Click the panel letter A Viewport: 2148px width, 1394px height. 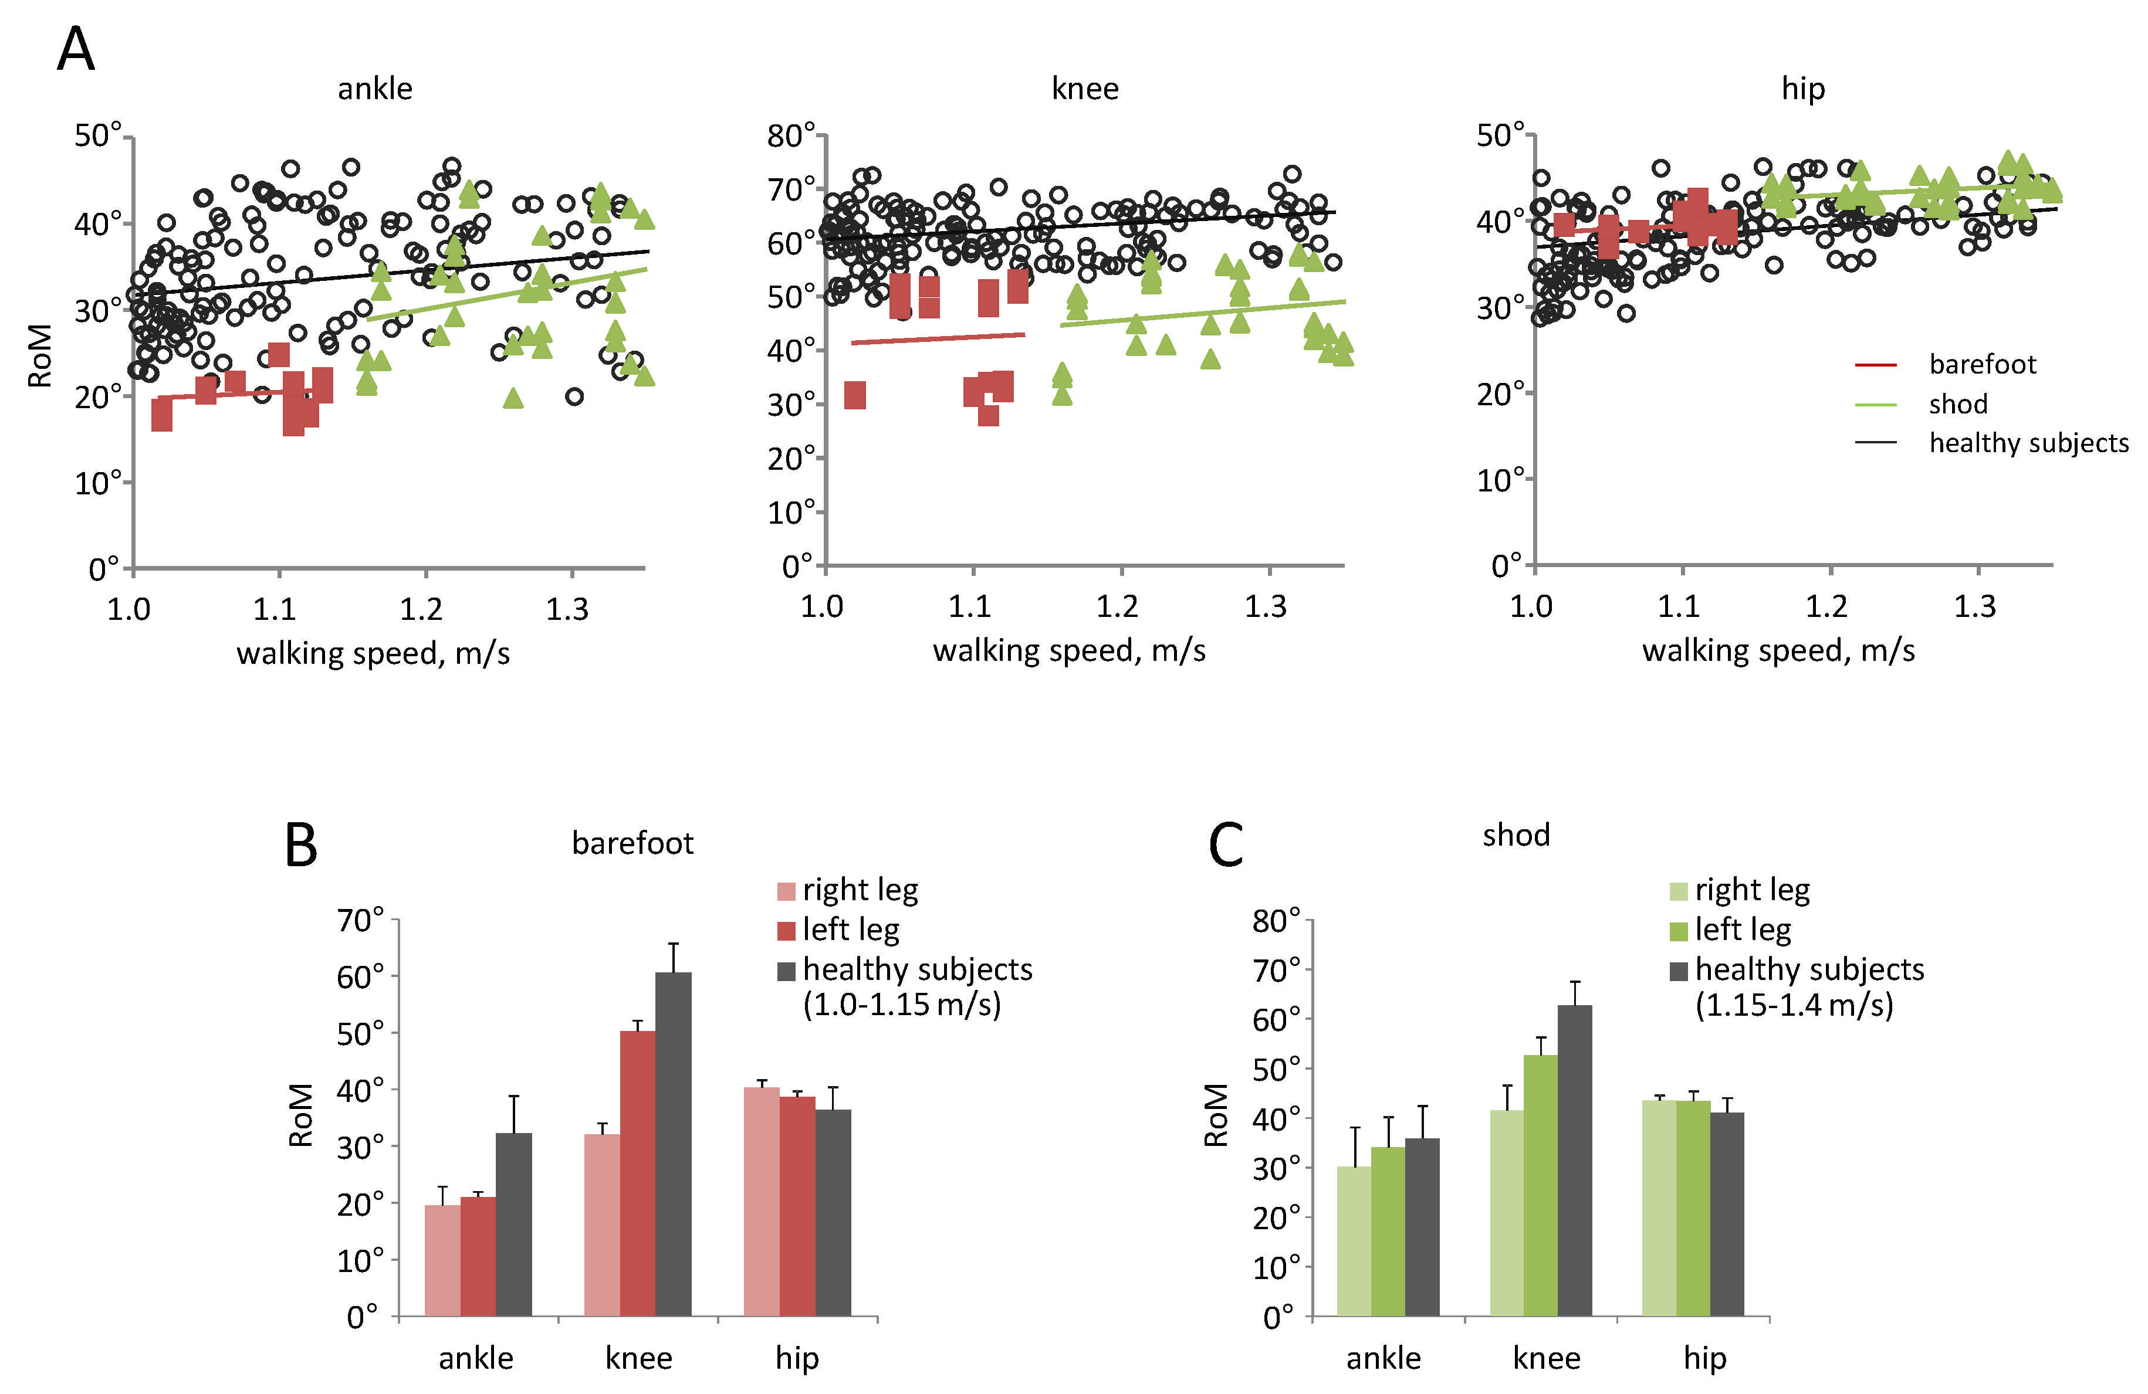(x=76, y=50)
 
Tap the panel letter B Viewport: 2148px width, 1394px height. (x=300, y=846)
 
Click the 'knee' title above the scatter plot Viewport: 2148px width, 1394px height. (x=1085, y=89)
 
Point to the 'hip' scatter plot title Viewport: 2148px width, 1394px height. (x=1802, y=89)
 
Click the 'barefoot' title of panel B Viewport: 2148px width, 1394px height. (x=632, y=843)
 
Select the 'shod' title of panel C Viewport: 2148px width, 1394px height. (x=1516, y=835)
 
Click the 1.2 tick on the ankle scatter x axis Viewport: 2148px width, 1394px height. (x=421, y=610)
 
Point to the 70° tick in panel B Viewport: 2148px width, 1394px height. (x=360, y=920)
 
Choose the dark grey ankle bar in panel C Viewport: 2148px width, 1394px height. (x=1422, y=1226)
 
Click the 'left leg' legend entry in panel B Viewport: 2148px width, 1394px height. (x=850, y=930)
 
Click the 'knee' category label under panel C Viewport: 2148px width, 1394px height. (x=1546, y=1358)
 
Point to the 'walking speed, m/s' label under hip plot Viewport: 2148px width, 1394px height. (x=1778, y=650)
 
